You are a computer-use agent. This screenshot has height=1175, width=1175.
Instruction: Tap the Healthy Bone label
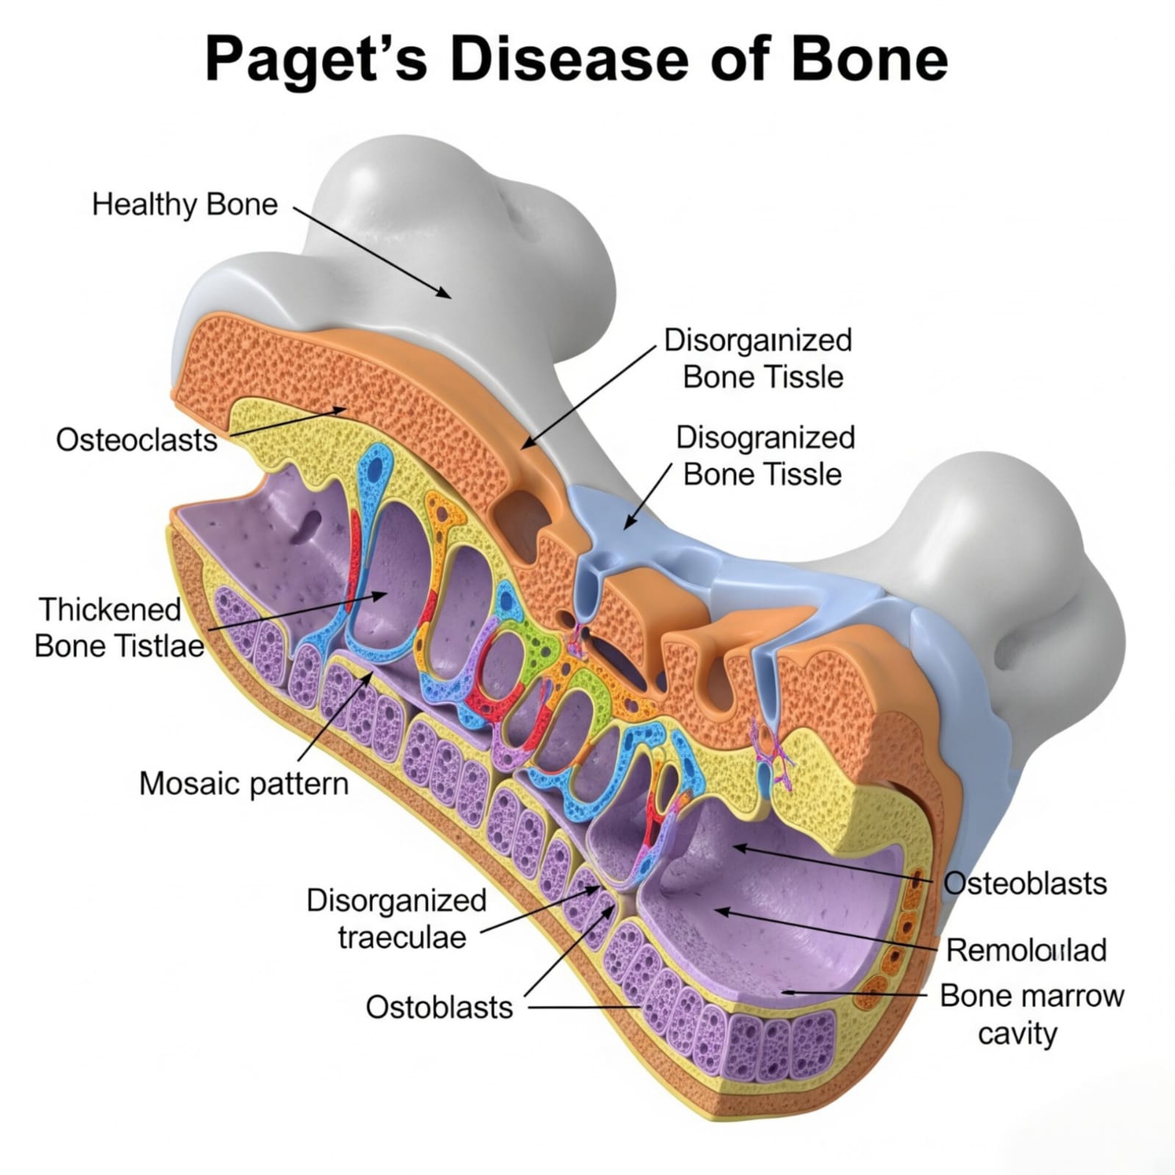[x=185, y=204]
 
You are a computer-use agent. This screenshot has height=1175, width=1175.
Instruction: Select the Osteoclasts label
[x=137, y=440]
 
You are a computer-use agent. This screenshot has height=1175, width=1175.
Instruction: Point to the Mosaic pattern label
[x=244, y=783]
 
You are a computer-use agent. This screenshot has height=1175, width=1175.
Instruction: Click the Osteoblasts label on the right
[x=1025, y=883]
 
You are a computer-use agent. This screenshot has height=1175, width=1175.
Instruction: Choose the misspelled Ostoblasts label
[x=439, y=1007]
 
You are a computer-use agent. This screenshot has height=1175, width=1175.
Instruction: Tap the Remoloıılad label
[x=1026, y=950]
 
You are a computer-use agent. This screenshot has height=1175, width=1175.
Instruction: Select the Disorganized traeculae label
[x=398, y=919]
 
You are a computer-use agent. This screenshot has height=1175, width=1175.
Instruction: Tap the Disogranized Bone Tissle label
[x=764, y=456]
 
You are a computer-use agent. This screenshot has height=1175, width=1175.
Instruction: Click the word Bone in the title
[x=869, y=59]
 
